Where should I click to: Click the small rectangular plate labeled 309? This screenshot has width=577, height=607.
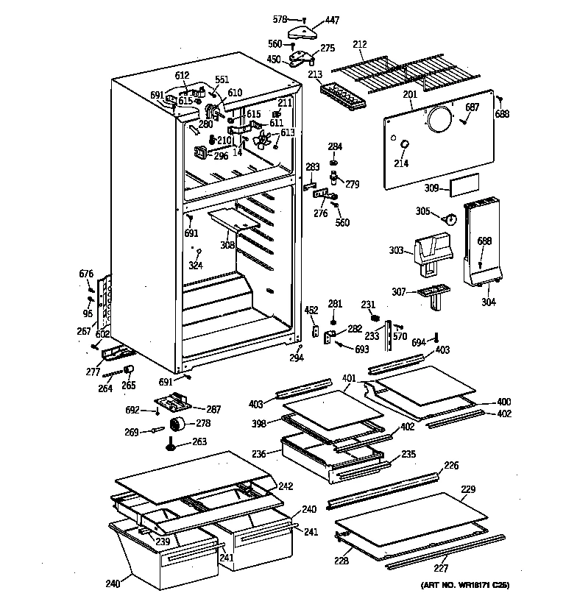pyautogui.click(x=464, y=187)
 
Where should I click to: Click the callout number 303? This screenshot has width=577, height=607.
pyautogui.click(x=397, y=251)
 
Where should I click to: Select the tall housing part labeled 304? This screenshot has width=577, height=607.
pyautogui.click(x=483, y=243)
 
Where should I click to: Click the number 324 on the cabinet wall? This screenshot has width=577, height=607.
pyautogui.click(x=196, y=264)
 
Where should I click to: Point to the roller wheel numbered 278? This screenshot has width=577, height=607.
pyautogui.click(x=178, y=425)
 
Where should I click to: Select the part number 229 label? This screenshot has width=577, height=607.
pyautogui.click(x=468, y=489)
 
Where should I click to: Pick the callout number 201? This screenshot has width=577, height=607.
pyautogui.click(x=410, y=94)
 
